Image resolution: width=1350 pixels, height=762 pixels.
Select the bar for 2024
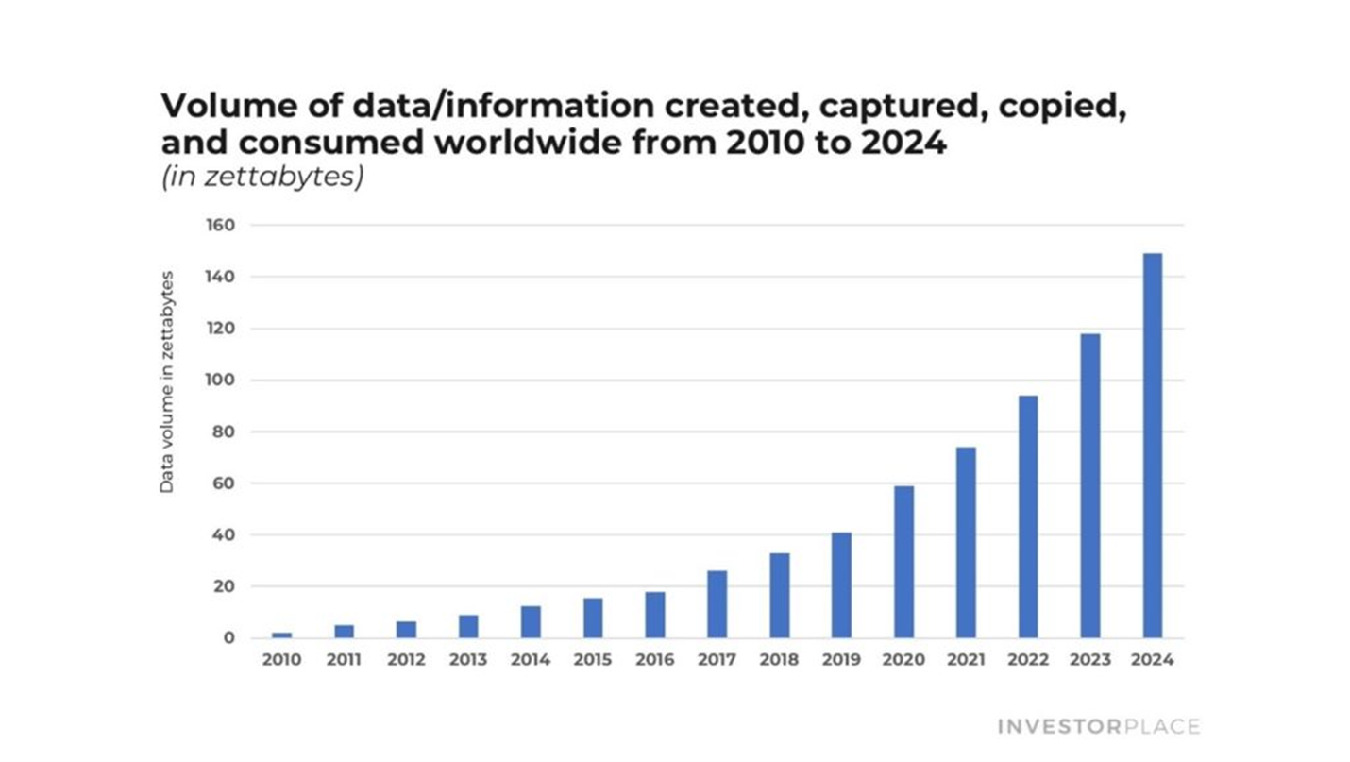pyautogui.click(x=1152, y=445)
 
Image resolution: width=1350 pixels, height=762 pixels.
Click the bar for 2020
pyautogui.click(x=903, y=562)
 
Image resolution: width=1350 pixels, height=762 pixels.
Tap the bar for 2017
pyautogui.click(x=717, y=604)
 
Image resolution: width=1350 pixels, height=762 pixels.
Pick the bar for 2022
pyautogui.click(x=1028, y=516)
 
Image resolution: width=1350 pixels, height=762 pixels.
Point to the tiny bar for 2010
pyautogui.click(x=281, y=635)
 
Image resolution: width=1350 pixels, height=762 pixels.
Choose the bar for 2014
pyautogui.click(x=531, y=621)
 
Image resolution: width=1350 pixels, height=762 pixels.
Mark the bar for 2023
pyautogui.click(x=1089, y=485)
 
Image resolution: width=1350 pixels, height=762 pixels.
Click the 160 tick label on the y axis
pyautogui.click(x=221, y=226)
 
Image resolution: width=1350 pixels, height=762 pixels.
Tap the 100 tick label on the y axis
pyautogui.click(x=221, y=381)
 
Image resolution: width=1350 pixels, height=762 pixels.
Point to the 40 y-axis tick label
pyautogui.click(x=224, y=535)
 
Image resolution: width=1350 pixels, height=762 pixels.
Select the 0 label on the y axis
pyautogui.click(x=229, y=638)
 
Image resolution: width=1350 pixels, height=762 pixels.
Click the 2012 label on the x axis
pyautogui.click(x=406, y=660)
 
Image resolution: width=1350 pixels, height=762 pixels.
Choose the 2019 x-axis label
pyautogui.click(x=841, y=660)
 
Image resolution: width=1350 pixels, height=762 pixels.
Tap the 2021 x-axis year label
pyautogui.click(x=966, y=660)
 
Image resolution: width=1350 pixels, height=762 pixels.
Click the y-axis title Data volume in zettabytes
pyautogui.click(x=166, y=381)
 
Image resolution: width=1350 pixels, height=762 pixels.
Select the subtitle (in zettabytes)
pyautogui.click(x=262, y=177)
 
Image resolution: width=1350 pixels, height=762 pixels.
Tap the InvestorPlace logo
pyautogui.click(x=1098, y=726)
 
